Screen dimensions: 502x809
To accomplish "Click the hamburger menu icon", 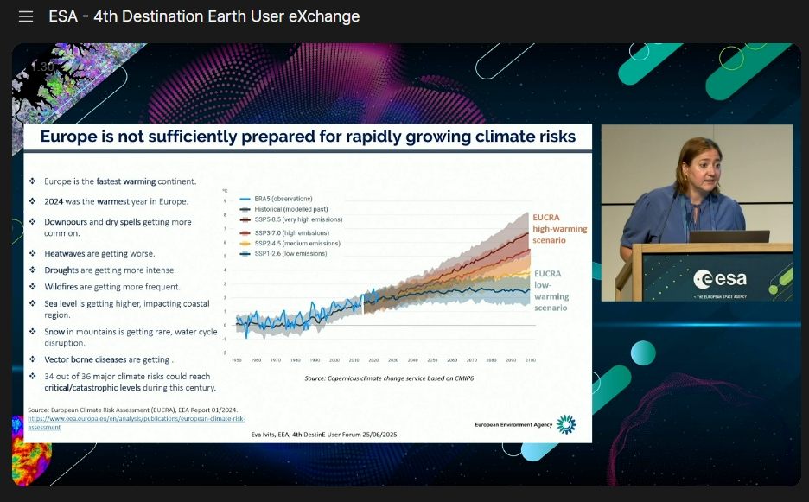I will pyautogui.click(x=26, y=16).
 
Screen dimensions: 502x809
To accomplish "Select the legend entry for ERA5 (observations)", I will pyautogui.click(x=282, y=199).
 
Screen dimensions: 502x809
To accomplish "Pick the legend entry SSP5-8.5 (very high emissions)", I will pyautogui.click(x=297, y=219).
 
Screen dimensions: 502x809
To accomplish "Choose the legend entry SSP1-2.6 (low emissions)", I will pyautogui.click(x=291, y=254).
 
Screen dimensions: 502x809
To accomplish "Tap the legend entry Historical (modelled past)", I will pyautogui.click(x=290, y=209).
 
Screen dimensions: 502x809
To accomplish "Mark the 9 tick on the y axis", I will pyautogui.click(x=226, y=200).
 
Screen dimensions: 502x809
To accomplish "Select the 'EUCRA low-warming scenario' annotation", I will pyautogui.click(x=551, y=290).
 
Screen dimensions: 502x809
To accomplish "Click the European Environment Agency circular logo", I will pyautogui.click(x=565, y=423).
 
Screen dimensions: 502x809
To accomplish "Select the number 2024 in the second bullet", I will pyautogui.click(x=55, y=201).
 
